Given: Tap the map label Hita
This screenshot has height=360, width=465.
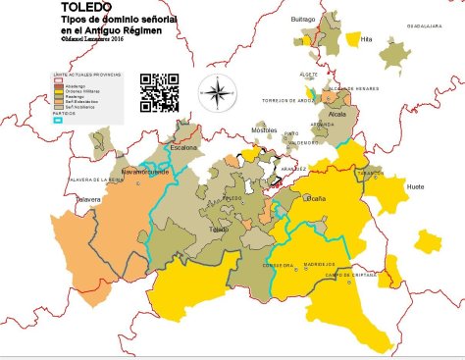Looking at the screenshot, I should pos(366,39).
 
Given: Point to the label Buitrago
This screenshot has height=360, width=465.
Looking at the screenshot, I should pos(303,19).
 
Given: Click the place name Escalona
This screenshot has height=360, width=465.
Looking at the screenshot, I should pos(183,148).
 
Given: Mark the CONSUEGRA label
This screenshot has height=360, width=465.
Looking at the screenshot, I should pos(279,266).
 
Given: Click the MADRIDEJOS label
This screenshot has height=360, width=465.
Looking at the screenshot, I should pos(319,264).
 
